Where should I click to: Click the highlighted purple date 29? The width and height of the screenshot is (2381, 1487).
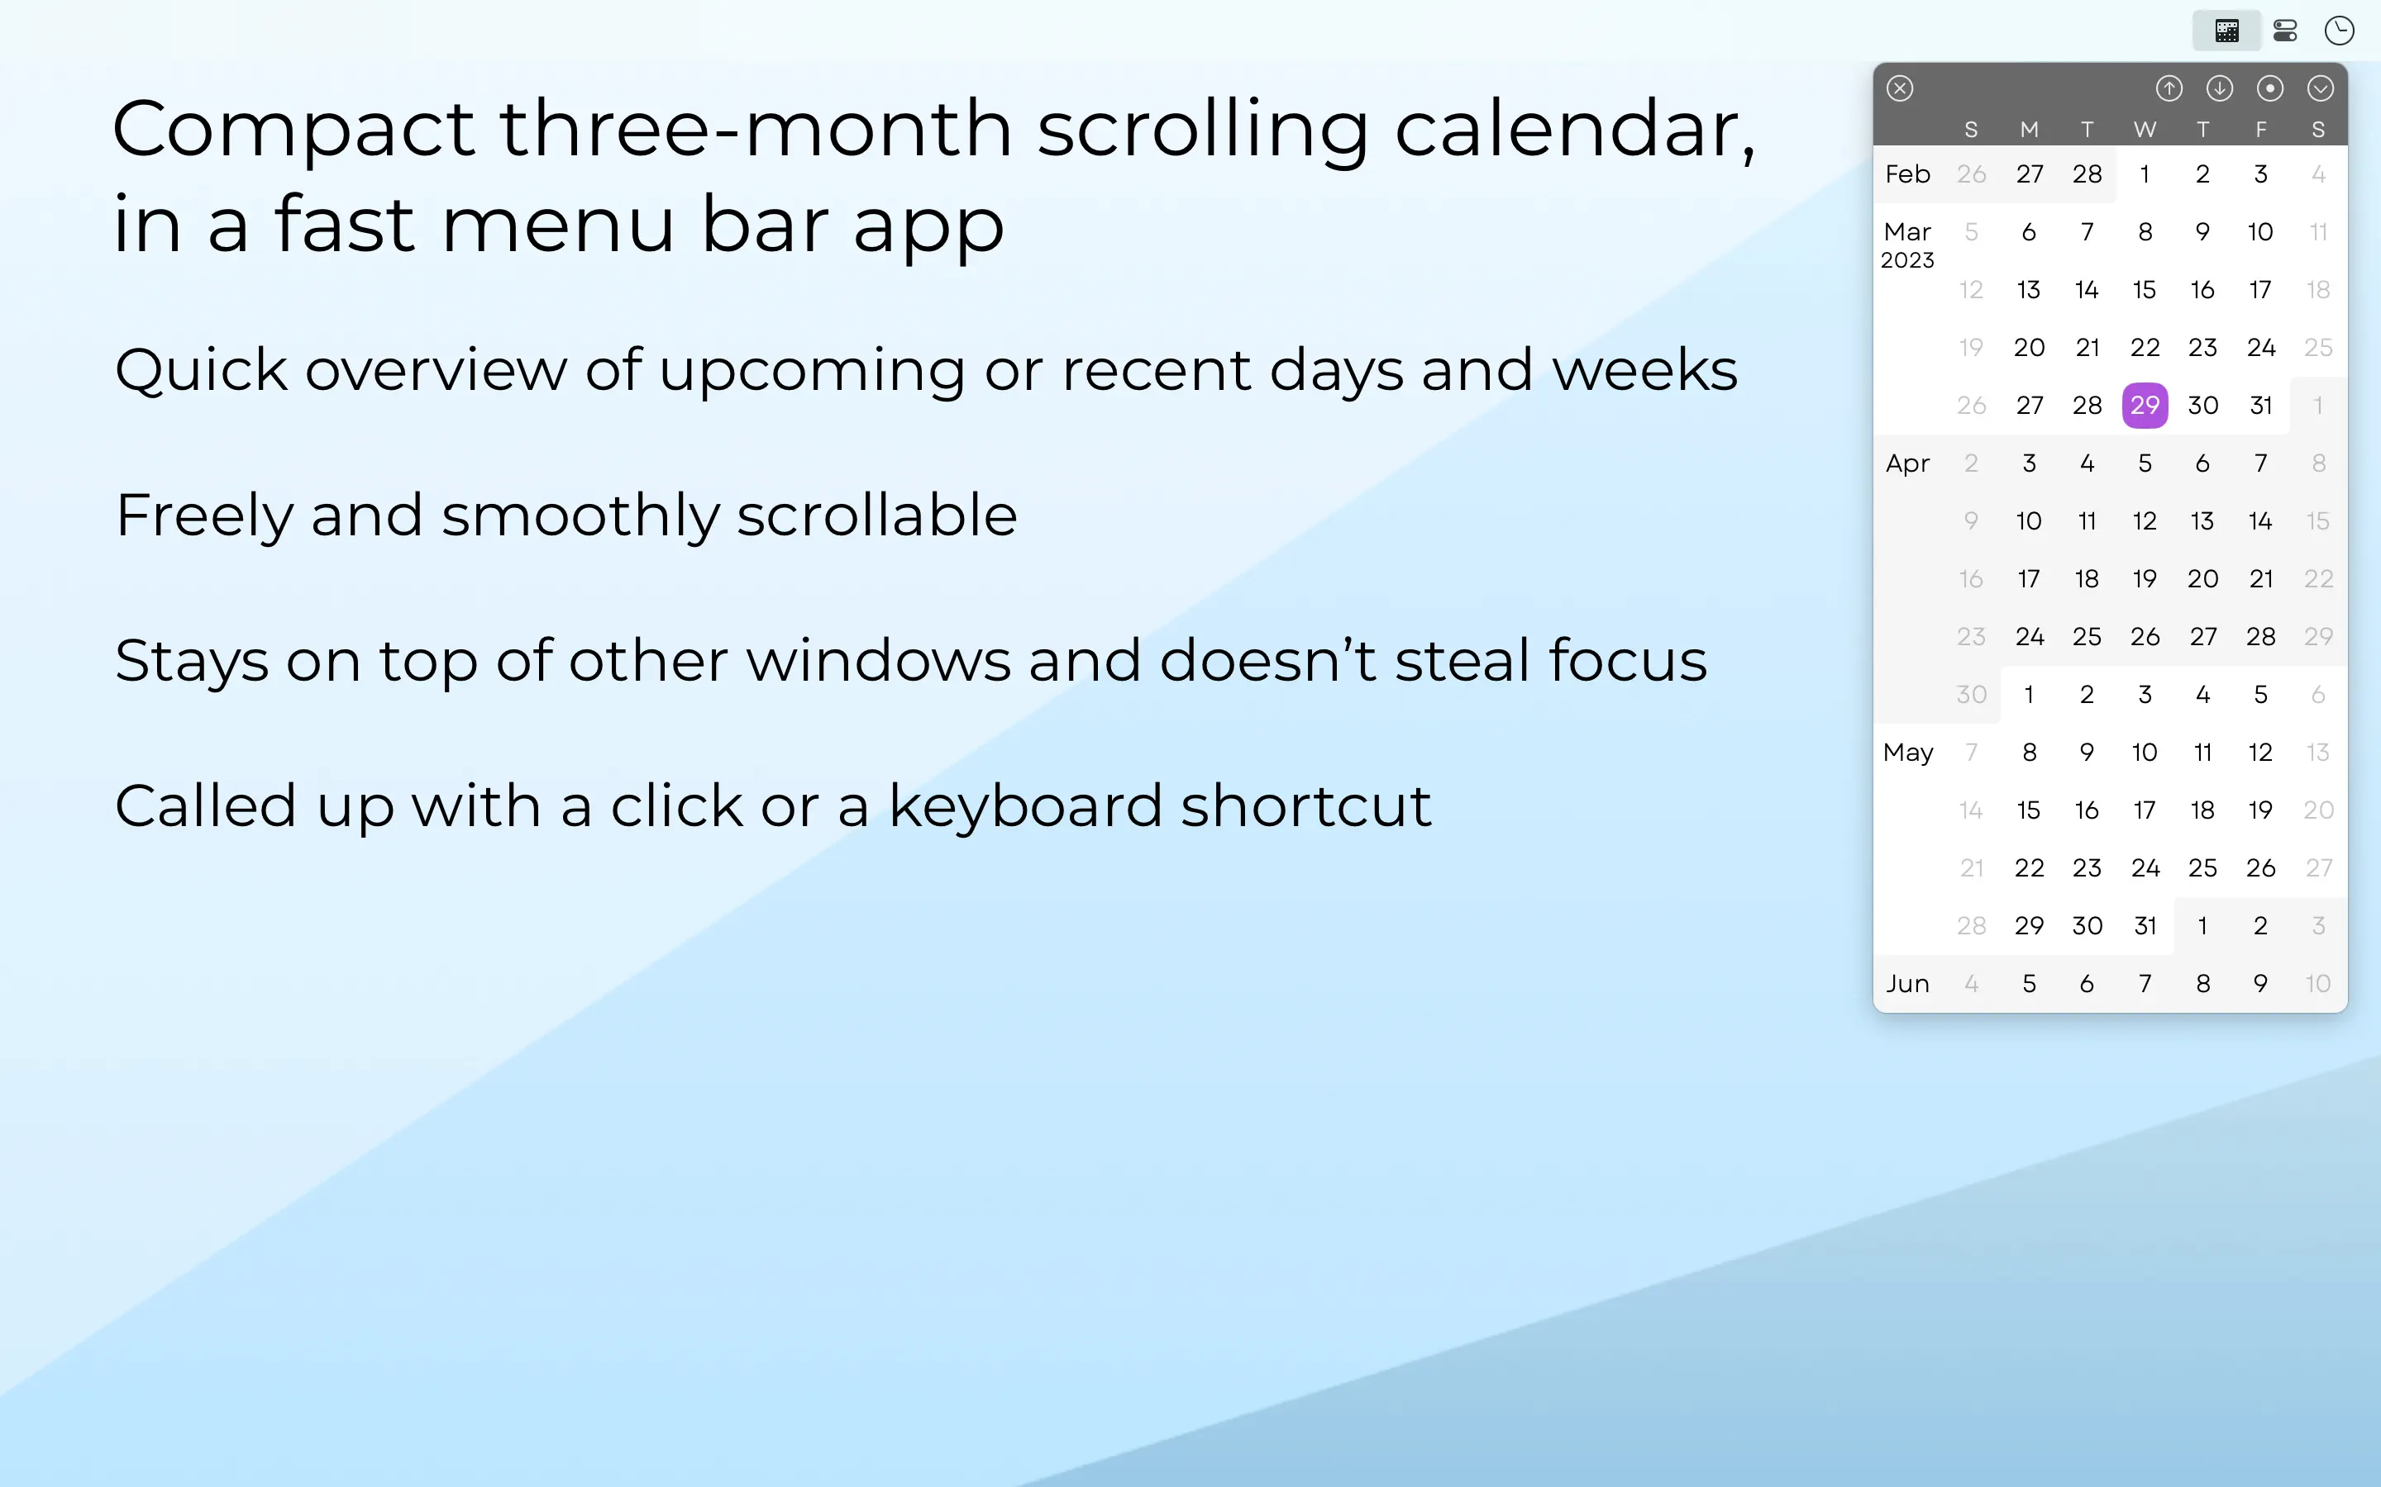(x=2145, y=405)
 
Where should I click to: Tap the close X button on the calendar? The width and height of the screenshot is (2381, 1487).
(x=1900, y=88)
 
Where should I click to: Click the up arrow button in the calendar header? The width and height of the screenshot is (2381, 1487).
(x=2169, y=88)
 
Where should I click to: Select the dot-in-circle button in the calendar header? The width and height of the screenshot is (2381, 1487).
(x=2270, y=88)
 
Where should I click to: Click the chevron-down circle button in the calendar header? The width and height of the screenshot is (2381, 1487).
(x=2320, y=88)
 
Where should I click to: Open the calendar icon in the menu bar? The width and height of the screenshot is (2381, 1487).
(x=2227, y=31)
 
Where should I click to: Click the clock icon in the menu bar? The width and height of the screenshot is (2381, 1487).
(x=2340, y=31)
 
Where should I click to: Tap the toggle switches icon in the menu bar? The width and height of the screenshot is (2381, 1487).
(x=2284, y=31)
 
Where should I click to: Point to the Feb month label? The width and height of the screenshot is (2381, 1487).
(x=1908, y=174)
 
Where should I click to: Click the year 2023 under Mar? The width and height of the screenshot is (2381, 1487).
(x=1908, y=260)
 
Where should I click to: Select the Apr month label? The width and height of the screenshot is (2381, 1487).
(x=1908, y=464)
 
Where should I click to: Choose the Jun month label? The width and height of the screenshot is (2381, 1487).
(x=1908, y=983)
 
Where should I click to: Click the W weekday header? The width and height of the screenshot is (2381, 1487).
(x=2145, y=130)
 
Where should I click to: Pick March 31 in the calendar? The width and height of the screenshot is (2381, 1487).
(x=2261, y=405)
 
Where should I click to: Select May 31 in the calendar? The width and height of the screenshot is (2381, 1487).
(x=2145, y=925)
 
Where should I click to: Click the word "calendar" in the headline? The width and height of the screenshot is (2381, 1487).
(x=1574, y=129)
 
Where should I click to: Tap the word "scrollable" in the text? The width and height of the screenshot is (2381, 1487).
(x=876, y=515)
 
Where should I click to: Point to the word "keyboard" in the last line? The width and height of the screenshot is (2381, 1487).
(x=1025, y=806)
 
